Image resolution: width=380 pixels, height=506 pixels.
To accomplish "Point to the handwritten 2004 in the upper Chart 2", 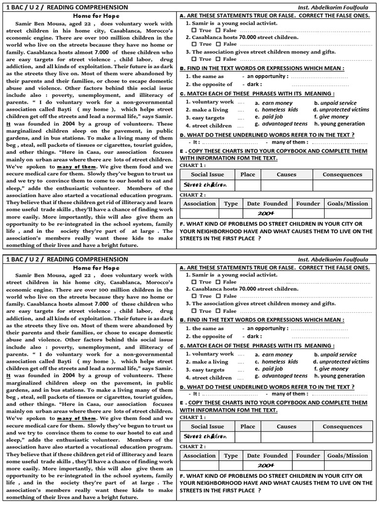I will (x=266, y=213).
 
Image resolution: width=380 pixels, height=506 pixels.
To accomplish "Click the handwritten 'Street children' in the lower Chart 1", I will (x=205, y=437).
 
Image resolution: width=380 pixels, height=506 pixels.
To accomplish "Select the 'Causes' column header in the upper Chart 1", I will (x=286, y=174).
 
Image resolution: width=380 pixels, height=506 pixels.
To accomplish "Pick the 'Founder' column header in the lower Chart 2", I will (x=308, y=456).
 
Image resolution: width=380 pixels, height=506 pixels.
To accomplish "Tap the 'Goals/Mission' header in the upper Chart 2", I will (x=347, y=204).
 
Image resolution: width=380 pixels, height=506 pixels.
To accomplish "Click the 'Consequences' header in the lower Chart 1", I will (x=342, y=426).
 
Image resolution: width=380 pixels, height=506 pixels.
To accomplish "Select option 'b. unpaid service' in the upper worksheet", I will (x=335, y=103).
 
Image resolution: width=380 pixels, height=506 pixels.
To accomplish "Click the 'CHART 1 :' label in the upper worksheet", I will (x=192, y=165).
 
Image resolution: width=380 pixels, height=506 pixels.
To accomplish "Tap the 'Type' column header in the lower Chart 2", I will (x=231, y=456).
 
